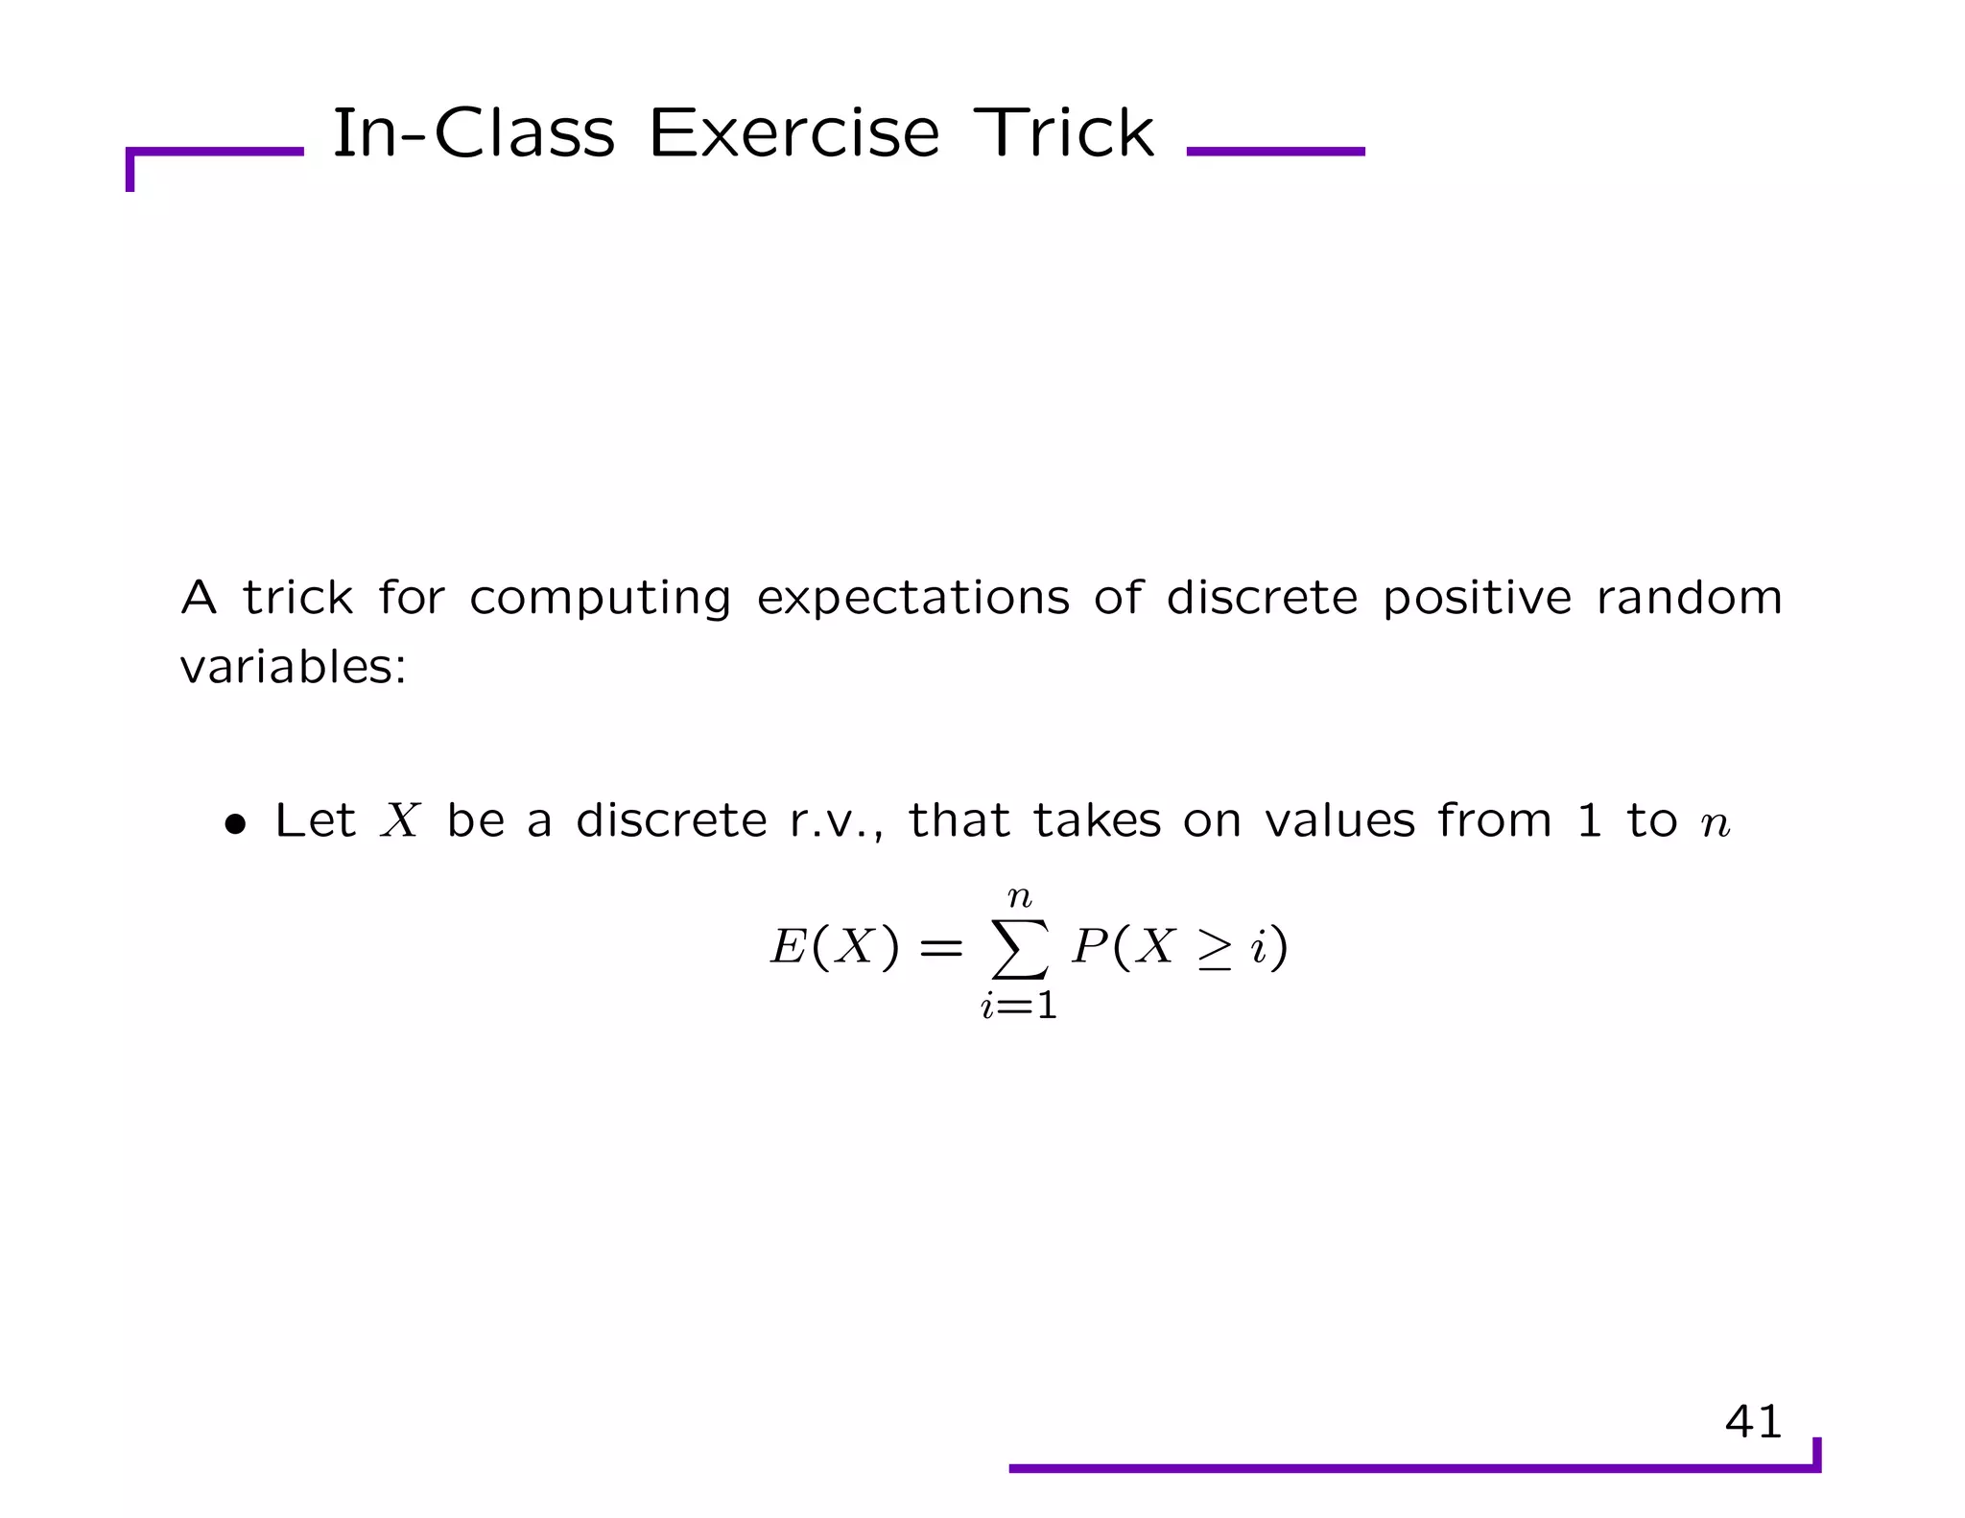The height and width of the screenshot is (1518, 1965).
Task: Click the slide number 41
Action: [1753, 1421]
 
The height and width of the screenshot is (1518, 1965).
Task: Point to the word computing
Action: [600, 599]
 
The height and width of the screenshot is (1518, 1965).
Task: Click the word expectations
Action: [912, 599]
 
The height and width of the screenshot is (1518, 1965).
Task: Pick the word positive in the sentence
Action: [1477, 599]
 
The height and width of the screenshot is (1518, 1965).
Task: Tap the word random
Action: [1689, 599]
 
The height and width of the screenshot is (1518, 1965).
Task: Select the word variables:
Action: [294, 666]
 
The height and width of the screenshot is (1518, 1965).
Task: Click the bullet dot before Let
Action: [235, 824]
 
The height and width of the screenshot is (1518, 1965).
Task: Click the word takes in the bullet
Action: [1097, 821]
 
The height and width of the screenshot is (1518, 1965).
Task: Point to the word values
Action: [1339, 821]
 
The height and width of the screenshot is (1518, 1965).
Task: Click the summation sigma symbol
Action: [1019, 949]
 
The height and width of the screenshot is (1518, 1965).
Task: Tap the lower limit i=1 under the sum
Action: [1019, 1006]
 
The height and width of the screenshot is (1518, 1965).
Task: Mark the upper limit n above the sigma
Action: [1019, 898]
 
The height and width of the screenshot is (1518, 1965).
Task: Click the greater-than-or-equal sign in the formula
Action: [1214, 950]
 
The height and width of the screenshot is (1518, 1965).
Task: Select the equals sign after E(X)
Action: [940, 949]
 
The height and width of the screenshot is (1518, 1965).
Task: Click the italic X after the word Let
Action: [400, 821]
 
